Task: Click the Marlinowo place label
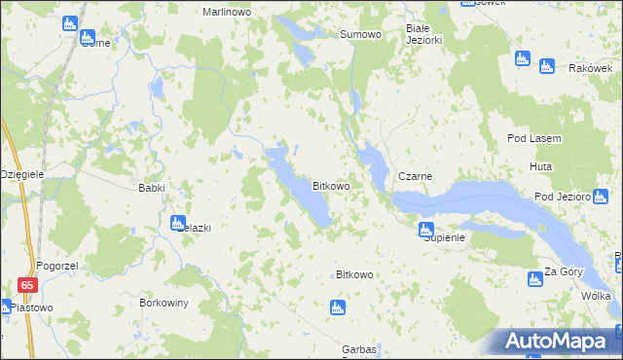(x=227, y=12)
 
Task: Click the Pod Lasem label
(x=533, y=139)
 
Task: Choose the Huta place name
(x=541, y=167)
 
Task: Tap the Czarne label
(x=415, y=176)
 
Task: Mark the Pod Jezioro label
(x=563, y=197)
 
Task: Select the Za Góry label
(x=563, y=271)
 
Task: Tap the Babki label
(x=152, y=188)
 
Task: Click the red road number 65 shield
(x=27, y=285)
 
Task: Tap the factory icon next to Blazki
(x=178, y=223)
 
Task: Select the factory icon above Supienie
(x=424, y=230)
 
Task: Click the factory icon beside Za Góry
(x=533, y=279)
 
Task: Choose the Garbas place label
(x=359, y=349)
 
